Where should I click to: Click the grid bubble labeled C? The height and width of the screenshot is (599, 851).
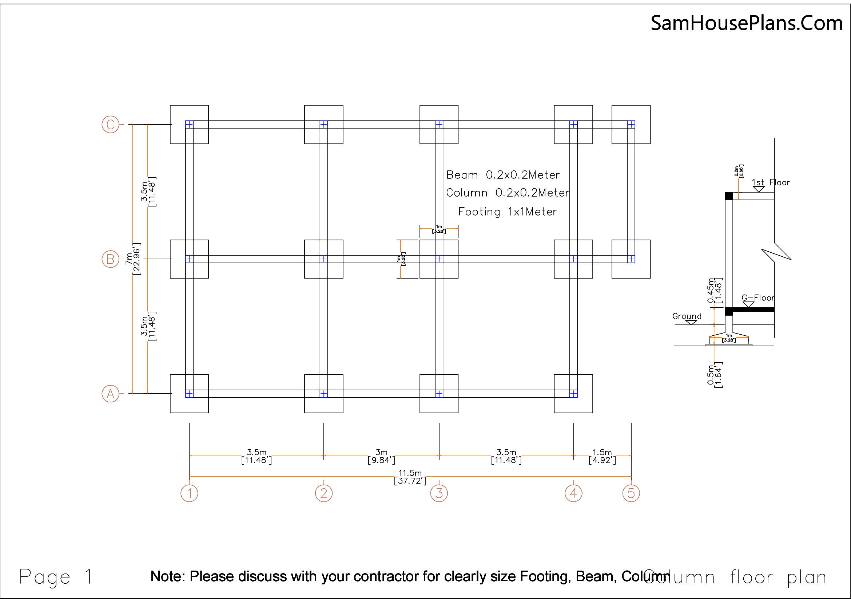(110, 124)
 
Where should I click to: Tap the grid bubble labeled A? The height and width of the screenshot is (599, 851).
(110, 394)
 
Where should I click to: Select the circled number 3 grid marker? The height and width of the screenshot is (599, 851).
(439, 493)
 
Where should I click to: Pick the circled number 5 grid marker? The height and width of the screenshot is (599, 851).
(631, 493)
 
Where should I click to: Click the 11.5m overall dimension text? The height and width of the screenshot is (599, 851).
(410, 477)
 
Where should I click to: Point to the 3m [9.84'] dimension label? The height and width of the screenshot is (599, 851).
(381, 456)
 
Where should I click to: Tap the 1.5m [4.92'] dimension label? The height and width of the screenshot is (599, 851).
(602, 456)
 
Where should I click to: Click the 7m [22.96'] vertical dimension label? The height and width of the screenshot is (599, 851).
(133, 259)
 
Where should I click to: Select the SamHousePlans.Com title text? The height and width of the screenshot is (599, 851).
(747, 23)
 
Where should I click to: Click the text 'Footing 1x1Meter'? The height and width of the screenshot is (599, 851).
(508, 212)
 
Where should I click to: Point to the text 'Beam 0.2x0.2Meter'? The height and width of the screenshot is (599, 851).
(502, 175)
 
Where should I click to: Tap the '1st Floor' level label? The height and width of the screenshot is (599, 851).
(771, 182)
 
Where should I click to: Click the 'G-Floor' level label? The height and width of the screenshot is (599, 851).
(757, 298)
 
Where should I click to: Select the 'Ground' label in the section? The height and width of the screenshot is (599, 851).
(687, 316)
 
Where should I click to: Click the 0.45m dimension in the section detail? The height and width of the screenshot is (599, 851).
(714, 291)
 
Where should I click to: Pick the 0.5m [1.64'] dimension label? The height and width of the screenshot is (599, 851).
(714, 375)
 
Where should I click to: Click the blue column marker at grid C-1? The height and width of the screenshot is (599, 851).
(189, 124)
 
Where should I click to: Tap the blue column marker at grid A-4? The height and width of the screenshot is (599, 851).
(573, 394)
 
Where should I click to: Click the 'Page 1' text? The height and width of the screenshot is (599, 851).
(56, 577)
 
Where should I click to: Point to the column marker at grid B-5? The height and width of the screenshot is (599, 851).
(631, 259)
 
